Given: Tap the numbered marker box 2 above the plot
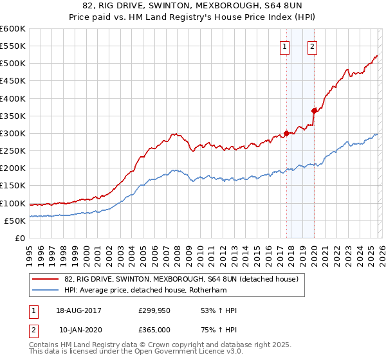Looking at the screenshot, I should coord(312,46).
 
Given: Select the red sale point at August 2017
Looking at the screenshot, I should coord(286,134).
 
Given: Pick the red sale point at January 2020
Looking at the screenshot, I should coord(314,111).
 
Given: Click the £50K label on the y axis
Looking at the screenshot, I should coord(15,221).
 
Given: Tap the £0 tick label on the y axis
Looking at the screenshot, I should coord(21,238).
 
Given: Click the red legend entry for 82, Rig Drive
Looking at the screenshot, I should coord(181,279).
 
